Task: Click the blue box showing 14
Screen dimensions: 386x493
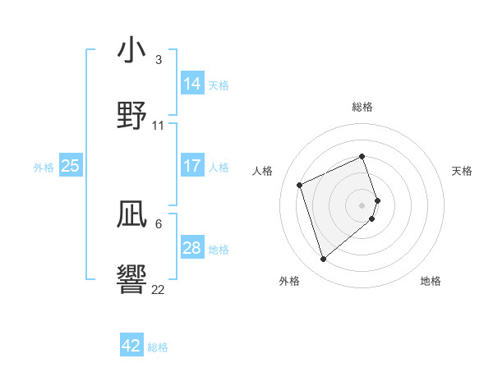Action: pos(192,83)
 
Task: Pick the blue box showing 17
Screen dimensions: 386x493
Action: pos(192,166)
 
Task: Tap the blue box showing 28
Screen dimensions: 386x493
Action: pos(192,248)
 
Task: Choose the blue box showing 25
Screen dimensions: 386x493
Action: pos(70,166)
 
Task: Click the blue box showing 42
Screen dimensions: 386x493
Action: pos(131,346)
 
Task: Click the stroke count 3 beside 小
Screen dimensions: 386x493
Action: pos(159,60)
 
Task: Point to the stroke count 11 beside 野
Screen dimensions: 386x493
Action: pos(159,126)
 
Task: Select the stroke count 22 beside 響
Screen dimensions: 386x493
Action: pos(159,290)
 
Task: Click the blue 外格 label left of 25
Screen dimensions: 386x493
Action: pos(44,167)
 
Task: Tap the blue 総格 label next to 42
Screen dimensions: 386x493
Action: pos(158,347)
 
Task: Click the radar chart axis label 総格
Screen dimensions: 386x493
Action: pos(362,107)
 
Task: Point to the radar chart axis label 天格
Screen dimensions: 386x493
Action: pos(462,171)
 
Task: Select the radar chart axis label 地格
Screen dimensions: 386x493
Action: pos(431,281)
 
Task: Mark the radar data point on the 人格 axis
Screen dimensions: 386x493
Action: pos(301,184)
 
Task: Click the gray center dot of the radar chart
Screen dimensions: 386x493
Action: pos(362,204)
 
